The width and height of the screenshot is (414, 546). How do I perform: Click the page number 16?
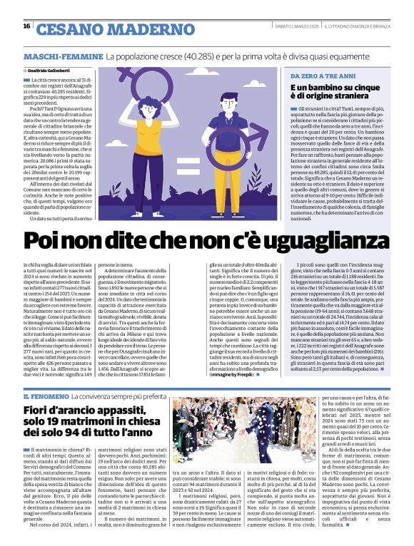pos(26,26)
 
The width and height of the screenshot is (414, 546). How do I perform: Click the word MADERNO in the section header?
pos(152,29)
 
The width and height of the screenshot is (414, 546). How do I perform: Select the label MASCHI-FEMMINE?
pos(63,56)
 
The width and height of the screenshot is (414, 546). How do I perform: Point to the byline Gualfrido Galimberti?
pos(50,71)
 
